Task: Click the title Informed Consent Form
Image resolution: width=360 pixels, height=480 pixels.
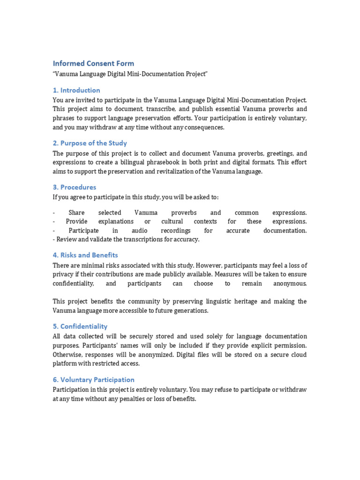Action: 93,63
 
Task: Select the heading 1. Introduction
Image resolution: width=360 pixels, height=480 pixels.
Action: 76,90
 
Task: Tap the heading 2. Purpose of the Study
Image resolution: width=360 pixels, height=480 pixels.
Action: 90,143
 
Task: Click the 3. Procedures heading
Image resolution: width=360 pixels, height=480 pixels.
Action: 75,187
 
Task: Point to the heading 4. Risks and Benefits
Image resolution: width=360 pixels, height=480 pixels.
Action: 85,255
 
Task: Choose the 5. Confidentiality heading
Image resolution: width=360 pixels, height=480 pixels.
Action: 80,326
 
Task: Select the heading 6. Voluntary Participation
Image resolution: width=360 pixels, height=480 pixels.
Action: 94,380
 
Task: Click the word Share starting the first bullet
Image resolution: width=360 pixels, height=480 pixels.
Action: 76,213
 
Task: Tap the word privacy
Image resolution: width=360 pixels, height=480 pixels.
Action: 64,275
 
